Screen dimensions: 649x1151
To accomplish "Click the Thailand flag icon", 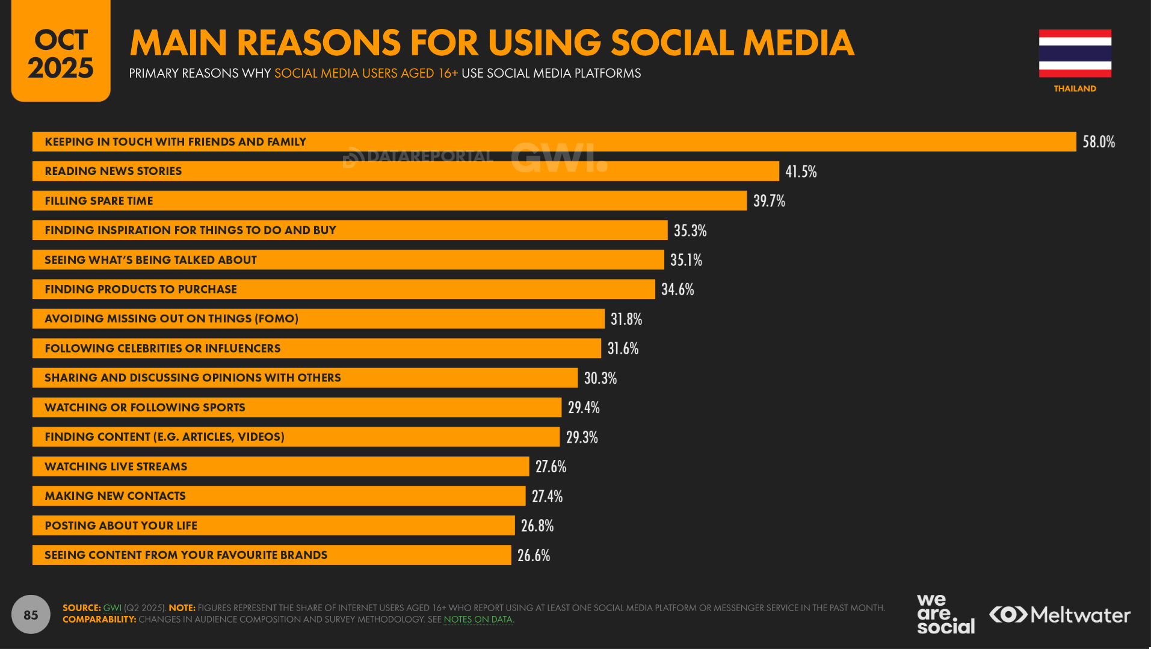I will pyautogui.click(x=1075, y=54).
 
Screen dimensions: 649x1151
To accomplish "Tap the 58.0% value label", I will pyautogui.click(x=1098, y=142).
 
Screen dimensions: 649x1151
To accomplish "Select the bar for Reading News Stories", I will pyautogui.click(x=405, y=171).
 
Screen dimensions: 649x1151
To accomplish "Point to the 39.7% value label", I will pyautogui.click(x=768, y=201).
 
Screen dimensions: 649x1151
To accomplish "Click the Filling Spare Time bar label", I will pyautogui.click(x=99, y=201).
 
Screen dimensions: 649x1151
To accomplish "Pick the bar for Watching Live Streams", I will pyautogui.click(x=280, y=467).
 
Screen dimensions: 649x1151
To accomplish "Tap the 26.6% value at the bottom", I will pyautogui.click(x=533, y=555).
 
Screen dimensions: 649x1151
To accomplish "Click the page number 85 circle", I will pyautogui.click(x=31, y=614).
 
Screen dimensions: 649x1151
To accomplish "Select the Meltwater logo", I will pyautogui.click(x=1060, y=615).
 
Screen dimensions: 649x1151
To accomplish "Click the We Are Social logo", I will pyautogui.click(x=945, y=614).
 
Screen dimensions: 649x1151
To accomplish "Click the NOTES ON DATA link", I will pyautogui.click(x=478, y=620).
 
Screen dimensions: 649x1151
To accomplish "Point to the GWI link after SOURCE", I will pyautogui.click(x=112, y=608).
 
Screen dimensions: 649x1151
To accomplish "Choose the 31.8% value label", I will pyautogui.click(x=626, y=319).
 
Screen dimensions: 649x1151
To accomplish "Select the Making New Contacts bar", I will pyautogui.click(x=279, y=496).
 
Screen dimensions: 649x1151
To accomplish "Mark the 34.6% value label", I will pyautogui.click(x=677, y=289).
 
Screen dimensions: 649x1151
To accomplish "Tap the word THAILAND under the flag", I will pyautogui.click(x=1075, y=88).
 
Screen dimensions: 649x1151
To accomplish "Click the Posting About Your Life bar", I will pyautogui.click(x=273, y=526).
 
